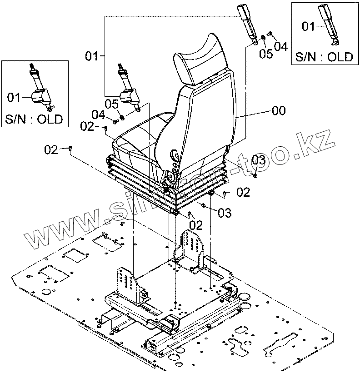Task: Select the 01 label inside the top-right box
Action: [x=309, y=27]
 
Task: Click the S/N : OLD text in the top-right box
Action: [x=324, y=57]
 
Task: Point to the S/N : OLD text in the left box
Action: [x=35, y=120]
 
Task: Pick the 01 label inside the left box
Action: [x=14, y=97]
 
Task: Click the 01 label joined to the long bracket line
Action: [x=92, y=56]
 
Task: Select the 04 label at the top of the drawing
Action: [x=280, y=46]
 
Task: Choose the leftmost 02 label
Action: [x=51, y=149]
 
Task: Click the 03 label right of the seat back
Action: [x=258, y=159]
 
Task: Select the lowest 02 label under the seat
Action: [x=196, y=224]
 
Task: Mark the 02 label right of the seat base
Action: [x=243, y=193]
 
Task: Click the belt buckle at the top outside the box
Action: [x=249, y=25]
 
